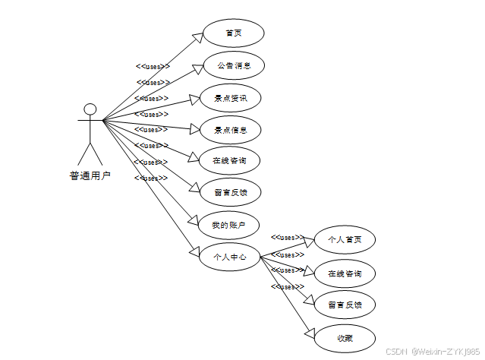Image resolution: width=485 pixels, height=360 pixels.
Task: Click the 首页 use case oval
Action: click(232, 33)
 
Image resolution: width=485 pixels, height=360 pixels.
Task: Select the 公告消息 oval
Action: click(232, 66)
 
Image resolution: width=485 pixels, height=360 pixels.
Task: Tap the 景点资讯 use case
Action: click(230, 98)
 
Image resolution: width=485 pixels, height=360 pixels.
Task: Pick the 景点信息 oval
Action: click(230, 130)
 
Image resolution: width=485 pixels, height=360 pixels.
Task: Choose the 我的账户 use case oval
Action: click(228, 224)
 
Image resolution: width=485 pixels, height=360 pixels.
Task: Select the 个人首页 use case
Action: click(344, 240)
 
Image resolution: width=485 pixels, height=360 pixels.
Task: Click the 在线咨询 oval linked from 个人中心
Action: click(344, 273)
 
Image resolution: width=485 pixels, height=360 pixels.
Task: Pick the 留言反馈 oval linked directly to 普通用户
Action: click(230, 192)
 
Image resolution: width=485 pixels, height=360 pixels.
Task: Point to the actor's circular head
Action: click(90, 109)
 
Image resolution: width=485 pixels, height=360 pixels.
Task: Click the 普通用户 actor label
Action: click(90, 176)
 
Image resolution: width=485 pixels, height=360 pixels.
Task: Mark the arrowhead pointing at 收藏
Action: click(310, 332)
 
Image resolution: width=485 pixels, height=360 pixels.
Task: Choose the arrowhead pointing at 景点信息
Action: click(194, 128)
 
